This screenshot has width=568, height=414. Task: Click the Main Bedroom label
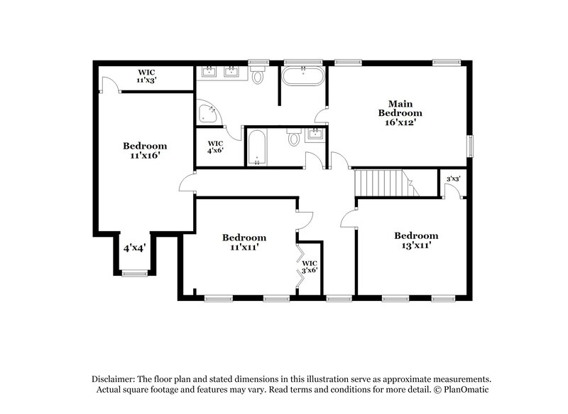click(400, 107)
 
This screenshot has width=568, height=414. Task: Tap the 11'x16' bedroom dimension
click(144, 155)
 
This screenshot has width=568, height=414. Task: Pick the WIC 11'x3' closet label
click(146, 76)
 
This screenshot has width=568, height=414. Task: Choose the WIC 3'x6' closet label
click(310, 267)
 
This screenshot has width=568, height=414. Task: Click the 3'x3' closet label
click(452, 179)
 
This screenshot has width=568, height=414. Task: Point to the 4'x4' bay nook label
click(134, 248)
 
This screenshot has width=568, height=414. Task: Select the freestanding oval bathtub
click(304, 76)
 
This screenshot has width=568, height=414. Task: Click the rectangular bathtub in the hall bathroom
click(257, 147)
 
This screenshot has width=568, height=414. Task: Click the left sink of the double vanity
click(209, 71)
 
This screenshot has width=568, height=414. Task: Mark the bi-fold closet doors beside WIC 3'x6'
click(300, 265)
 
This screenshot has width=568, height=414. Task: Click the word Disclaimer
click(114, 379)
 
